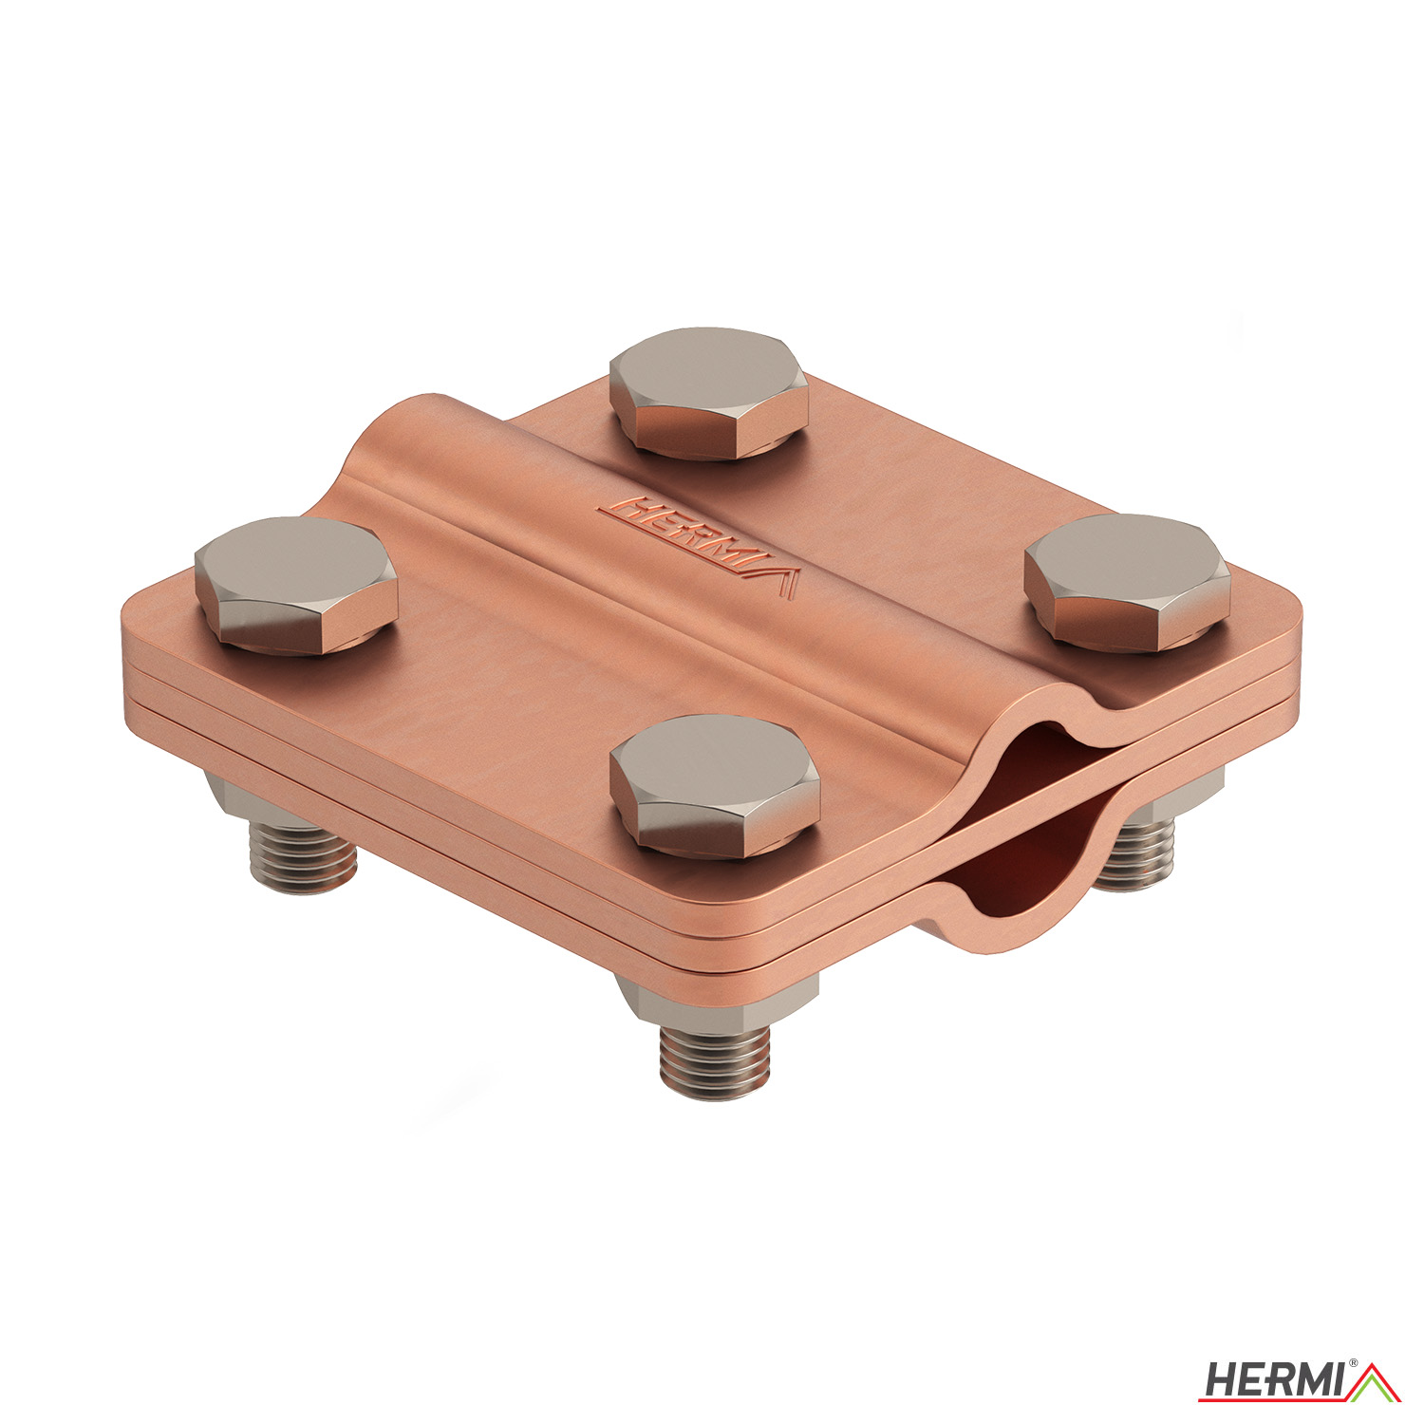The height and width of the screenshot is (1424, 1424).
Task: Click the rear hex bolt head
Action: tap(708, 392)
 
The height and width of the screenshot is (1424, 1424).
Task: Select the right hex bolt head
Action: tap(1127, 582)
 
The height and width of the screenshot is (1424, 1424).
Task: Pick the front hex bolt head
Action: tap(715, 785)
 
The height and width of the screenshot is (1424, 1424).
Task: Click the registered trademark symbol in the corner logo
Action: tap(1353, 1364)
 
